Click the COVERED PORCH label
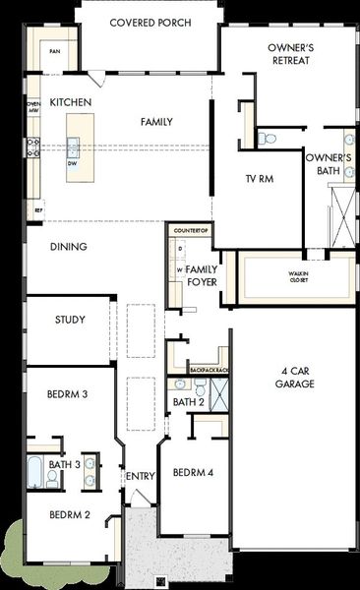(150, 23)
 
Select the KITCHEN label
(71, 102)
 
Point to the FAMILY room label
(156, 122)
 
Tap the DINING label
(69, 247)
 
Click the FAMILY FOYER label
(203, 275)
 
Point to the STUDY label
(70, 320)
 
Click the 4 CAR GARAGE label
(294, 378)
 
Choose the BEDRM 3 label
(68, 394)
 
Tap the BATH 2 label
(188, 402)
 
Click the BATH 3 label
(64, 464)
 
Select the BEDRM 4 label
(192, 472)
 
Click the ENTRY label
(141, 477)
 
